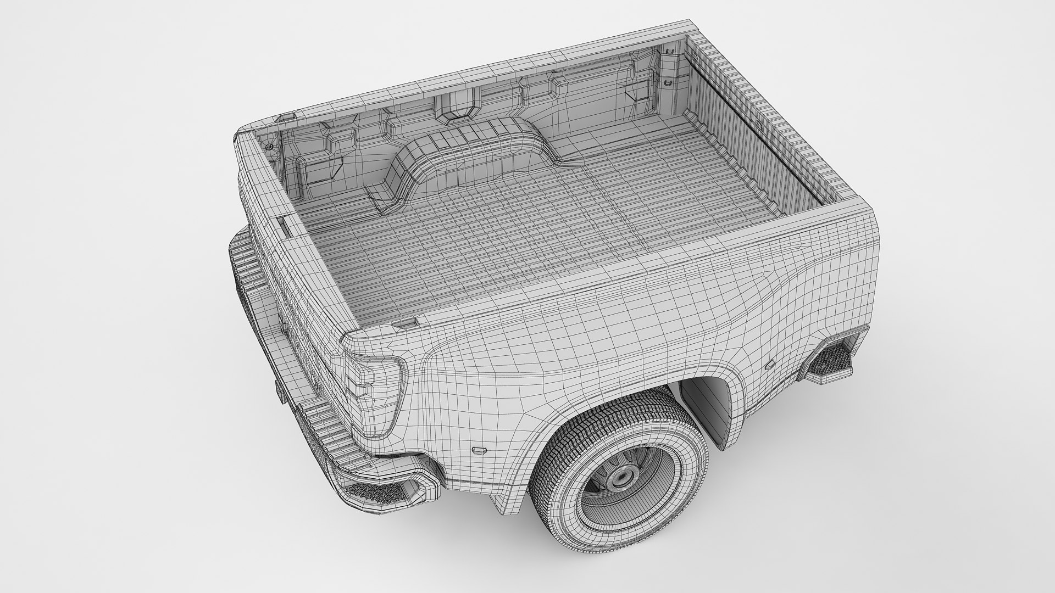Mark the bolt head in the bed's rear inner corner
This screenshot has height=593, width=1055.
(269, 148)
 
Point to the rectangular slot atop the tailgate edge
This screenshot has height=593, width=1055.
(286, 227)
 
